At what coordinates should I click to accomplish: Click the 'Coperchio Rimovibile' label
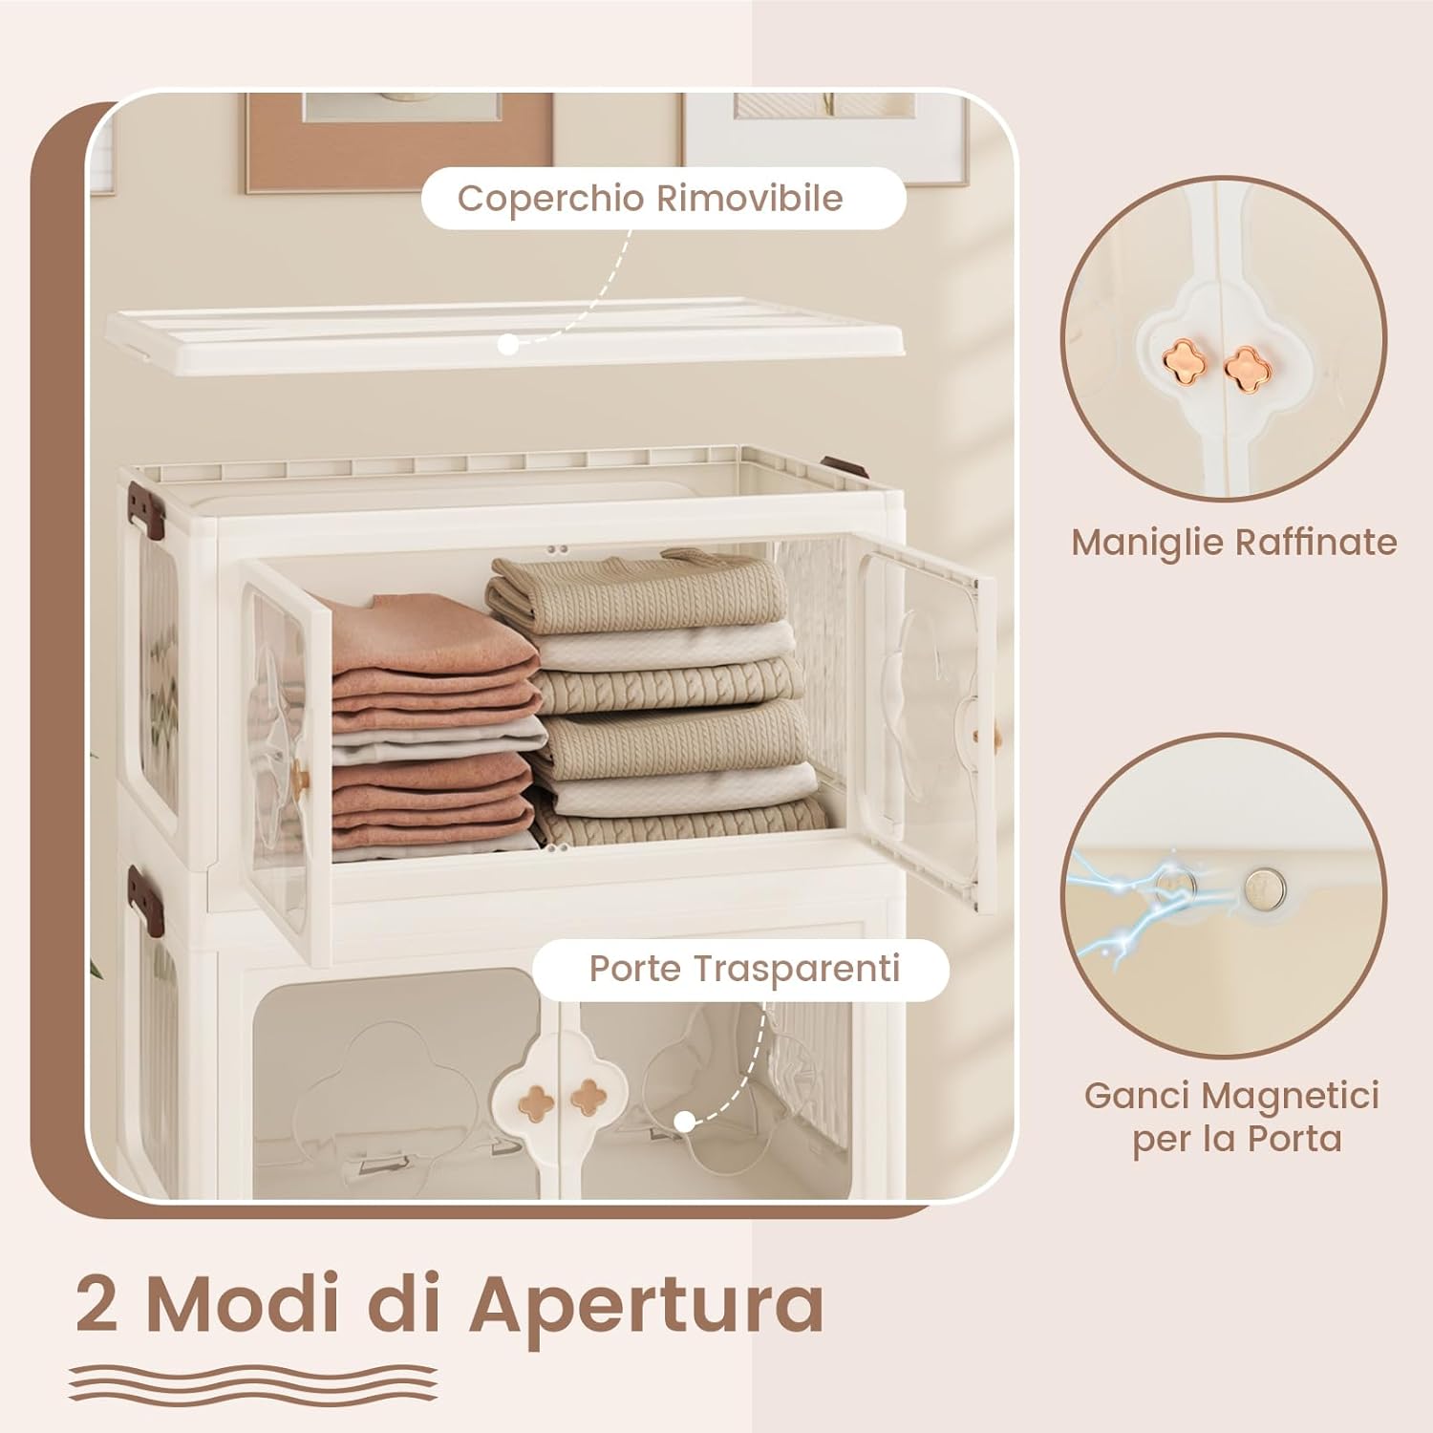[x=650, y=199]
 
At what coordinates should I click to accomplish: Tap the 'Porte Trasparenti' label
[x=744, y=969]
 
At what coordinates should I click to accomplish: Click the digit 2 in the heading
[x=98, y=1305]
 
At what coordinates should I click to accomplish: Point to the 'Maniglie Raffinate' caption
[x=1233, y=543]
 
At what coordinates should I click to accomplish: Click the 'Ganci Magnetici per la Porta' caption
[x=1232, y=1117]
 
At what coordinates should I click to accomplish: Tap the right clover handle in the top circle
[x=1244, y=365]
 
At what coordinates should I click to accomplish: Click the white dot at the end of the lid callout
[x=509, y=345]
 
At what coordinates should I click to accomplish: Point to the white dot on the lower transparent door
[x=684, y=1123]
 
